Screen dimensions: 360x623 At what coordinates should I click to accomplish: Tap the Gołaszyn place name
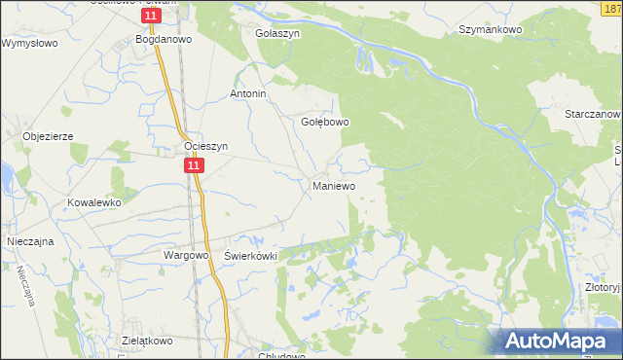pos(277,32)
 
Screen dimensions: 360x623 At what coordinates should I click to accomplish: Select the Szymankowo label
pos(491,30)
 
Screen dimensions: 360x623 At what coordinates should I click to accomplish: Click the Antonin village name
pos(247,94)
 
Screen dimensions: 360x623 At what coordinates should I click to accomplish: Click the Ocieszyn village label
pos(205,147)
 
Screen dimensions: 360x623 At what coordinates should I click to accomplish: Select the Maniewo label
pos(333,185)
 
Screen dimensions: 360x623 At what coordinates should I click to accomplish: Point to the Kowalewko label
pos(92,202)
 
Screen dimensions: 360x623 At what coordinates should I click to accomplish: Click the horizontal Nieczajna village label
pos(29,238)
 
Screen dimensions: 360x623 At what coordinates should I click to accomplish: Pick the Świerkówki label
pos(251,255)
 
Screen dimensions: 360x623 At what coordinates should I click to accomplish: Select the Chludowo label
pos(281,355)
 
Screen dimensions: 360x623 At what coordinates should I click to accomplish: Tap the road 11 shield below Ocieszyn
pos(195,167)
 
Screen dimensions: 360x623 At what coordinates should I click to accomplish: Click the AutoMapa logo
pos(558,341)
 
